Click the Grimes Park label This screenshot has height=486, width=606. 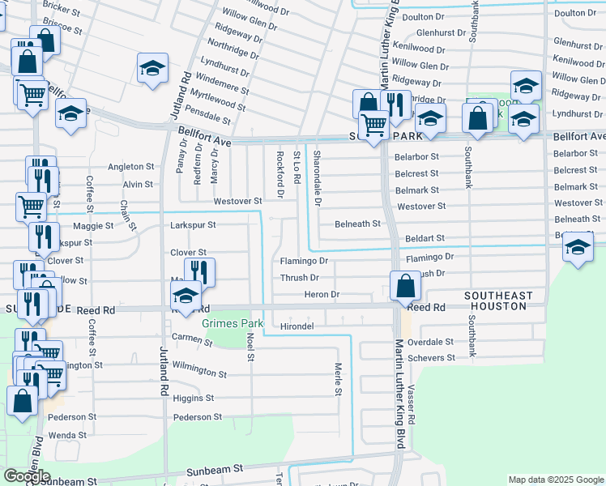(229, 323)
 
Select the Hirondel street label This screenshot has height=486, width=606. (297, 326)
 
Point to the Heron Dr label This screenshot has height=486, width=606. (322, 294)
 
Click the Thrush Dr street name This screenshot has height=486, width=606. (298, 278)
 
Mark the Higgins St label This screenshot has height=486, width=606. (194, 399)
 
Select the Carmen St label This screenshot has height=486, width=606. (191, 340)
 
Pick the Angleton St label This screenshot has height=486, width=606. (131, 166)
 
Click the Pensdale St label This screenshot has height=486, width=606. (208, 118)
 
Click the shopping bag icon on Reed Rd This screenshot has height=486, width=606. (404, 285)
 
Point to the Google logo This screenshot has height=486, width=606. (27, 476)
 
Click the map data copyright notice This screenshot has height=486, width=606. (555, 480)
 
